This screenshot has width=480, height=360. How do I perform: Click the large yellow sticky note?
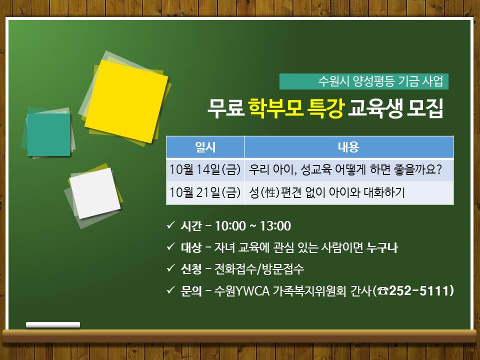[126, 101]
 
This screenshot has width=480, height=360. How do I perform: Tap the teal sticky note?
[48, 134]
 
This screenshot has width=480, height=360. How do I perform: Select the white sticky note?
[95, 193]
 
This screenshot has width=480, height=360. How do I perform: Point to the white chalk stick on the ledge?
[53, 325]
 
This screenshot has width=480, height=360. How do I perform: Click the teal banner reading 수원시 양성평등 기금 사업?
[363, 81]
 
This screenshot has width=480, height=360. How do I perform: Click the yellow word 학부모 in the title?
[276, 108]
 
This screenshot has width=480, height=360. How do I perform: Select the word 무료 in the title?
[226, 108]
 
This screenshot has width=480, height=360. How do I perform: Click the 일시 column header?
[205, 147]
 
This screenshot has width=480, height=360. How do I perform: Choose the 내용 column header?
[348, 147]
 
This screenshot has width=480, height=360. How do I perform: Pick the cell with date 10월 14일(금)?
[205, 170]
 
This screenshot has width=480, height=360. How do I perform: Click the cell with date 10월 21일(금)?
[205, 193]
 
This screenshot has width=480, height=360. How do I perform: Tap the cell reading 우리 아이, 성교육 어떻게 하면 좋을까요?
[348, 170]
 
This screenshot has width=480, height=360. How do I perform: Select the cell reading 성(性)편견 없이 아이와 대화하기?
[348, 193]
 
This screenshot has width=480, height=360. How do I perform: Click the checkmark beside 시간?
[171, 225]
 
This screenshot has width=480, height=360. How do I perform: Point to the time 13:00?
[275, 226]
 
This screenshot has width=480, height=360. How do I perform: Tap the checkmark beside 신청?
[171, 268]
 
